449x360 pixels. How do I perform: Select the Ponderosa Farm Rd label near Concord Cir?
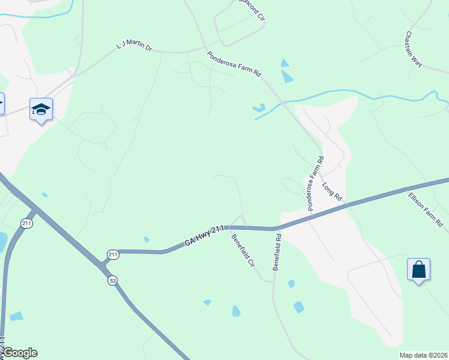coord(235,64)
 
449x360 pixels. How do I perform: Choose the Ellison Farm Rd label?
coord(425,209)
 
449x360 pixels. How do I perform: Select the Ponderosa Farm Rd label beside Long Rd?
coord(316,184)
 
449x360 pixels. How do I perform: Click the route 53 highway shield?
coord(112,280)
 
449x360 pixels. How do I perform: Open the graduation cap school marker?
coord(41,110)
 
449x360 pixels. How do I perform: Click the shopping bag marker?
coord(418,269)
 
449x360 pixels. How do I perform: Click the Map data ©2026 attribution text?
coord(423,355)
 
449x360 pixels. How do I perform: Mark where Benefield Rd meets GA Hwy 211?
coord(277,229)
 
